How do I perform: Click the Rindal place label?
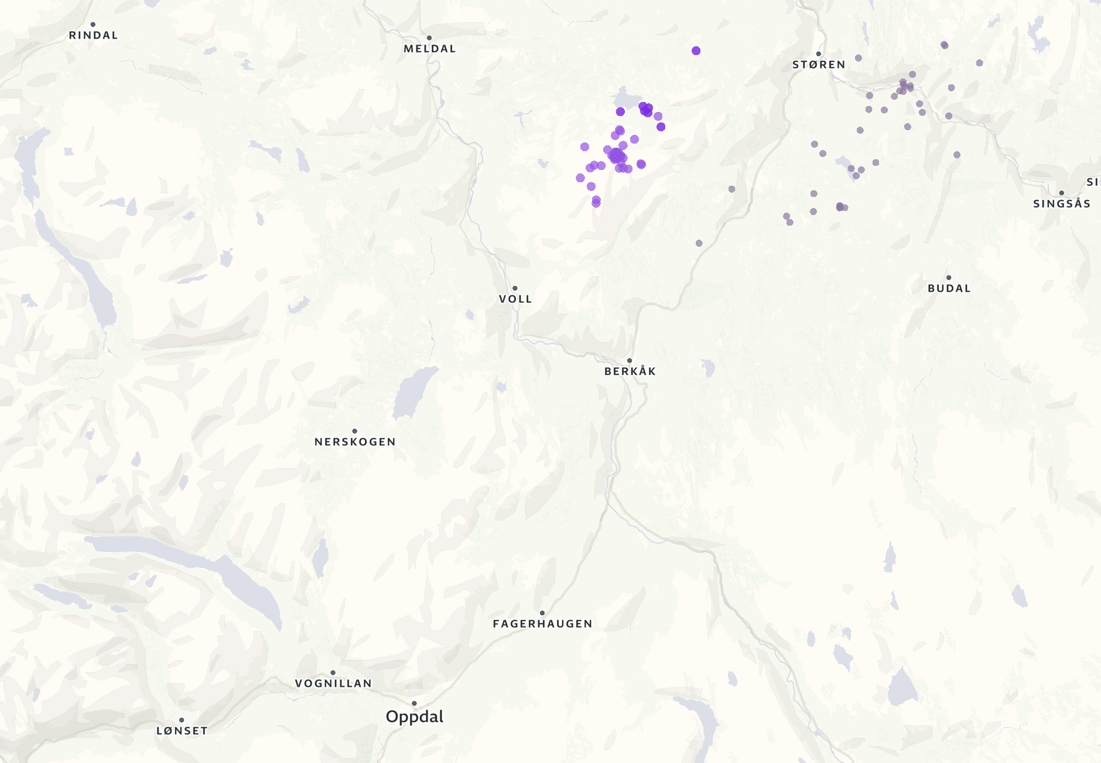(94, 35)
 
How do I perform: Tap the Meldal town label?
(430, 49)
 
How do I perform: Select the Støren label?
(819, 64)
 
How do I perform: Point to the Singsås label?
(1062, 204)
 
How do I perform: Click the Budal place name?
(949, 288)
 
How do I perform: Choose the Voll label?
(515, 299)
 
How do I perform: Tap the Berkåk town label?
(630, 371)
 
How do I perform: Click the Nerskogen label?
(355, 442)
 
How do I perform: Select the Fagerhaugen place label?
(542, 624)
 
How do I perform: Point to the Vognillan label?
(333, 683)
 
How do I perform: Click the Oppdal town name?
(415, 717)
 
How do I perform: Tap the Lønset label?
(182, 731)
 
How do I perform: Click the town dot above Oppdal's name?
(414, 703)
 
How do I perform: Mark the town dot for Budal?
(949, 278)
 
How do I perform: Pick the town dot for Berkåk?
(630, 360)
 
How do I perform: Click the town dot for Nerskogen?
(354, 431)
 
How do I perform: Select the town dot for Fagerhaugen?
(542, 613)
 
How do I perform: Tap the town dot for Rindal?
(93, 25)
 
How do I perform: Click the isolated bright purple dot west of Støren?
(696, 51)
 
